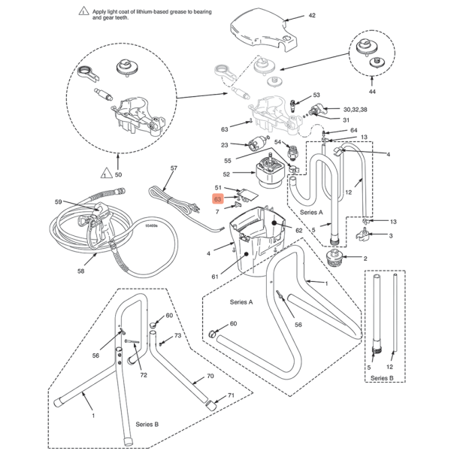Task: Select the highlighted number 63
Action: click(217, 199)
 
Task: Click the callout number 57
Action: click(174, 168)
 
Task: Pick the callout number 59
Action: click(57, 201)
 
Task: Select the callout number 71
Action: click(232, 395)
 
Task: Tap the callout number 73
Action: click(178, 336)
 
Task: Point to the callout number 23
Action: click(224, 145)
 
